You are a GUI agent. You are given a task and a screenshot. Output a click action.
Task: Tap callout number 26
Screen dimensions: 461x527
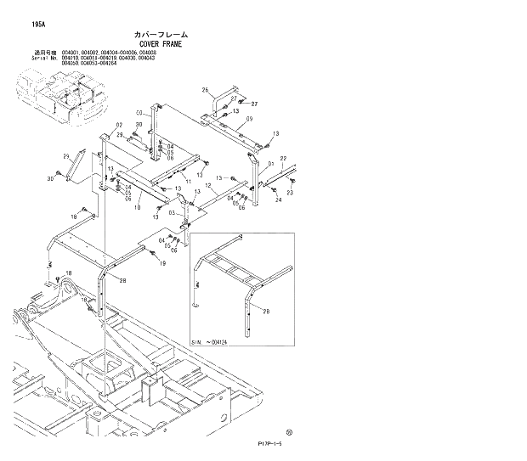tap(205, 90)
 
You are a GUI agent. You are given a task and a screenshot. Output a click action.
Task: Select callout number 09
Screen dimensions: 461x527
tap(250, 119)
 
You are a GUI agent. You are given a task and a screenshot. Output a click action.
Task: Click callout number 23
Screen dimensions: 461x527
tap(289, 193)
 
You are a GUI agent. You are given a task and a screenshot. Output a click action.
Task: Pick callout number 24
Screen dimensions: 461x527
tap(278, 200)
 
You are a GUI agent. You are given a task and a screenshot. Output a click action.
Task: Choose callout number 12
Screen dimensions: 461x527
tap(208, 185)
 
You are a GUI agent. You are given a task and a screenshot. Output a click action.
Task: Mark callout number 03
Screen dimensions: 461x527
tap(170, 212)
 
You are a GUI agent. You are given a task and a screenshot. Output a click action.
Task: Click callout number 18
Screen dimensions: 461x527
tap(74, 218)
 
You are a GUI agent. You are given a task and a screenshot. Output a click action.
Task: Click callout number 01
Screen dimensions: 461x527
tap(270, 163)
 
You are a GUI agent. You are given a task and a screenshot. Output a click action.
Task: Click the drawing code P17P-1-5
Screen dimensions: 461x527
tap(270, 443)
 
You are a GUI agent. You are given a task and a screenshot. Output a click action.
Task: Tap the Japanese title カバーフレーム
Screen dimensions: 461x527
tap(159, 34)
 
